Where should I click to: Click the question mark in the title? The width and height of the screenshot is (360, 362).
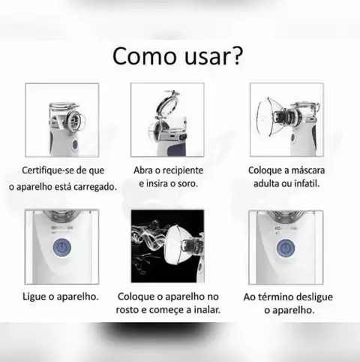[236, 56]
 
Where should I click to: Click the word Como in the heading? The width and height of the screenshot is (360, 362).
[145, 56]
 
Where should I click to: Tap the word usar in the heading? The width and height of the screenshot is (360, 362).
[206, 58]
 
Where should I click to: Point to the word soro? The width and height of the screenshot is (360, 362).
[187, 184]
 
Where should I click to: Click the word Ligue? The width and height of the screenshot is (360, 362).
[34, 297]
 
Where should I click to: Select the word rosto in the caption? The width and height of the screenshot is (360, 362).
[127, 310]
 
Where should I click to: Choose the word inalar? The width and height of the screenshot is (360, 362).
[207, 310]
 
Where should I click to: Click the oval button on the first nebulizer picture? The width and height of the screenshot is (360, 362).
[75, 145]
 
